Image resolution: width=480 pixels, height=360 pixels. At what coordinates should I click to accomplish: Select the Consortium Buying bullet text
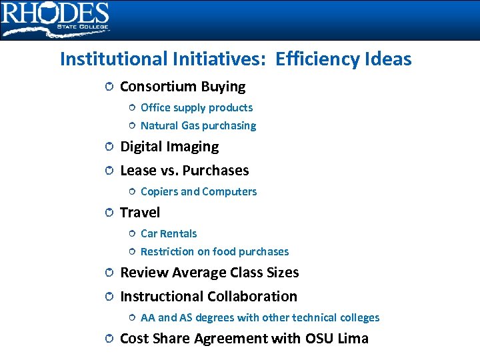[183, 87]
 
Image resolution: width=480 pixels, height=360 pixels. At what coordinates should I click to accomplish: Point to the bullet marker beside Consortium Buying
[109, 87]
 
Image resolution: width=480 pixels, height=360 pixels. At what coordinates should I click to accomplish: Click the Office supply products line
[197, 107]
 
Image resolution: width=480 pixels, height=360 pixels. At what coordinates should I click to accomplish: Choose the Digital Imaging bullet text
[169, 147]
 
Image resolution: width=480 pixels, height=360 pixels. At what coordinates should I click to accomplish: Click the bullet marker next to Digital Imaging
[109, 147]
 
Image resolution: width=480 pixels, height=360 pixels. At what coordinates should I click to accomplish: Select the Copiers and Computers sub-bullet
[199, 191]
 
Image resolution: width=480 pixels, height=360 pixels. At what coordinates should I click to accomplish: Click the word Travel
[140, 213]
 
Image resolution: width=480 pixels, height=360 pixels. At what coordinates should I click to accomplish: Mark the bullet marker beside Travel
[109, 213]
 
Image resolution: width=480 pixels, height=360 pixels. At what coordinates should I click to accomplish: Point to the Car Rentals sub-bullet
[169, 233]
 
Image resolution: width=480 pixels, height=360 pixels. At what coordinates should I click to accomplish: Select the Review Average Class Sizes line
[209, 273]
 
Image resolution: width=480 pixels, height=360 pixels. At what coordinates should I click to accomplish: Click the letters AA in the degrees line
[148, 317]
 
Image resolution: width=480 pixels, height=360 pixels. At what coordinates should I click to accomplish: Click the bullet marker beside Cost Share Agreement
[109, 339]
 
